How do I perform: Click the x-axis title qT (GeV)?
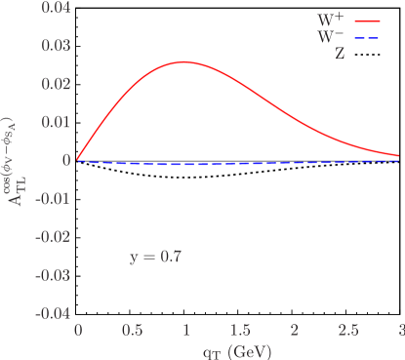tap(239, 348)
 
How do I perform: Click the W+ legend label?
tap(332, 20)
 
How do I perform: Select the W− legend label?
tap(332, 37)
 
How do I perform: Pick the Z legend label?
tap(340, 55)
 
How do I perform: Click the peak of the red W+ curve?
tap(184, 62)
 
